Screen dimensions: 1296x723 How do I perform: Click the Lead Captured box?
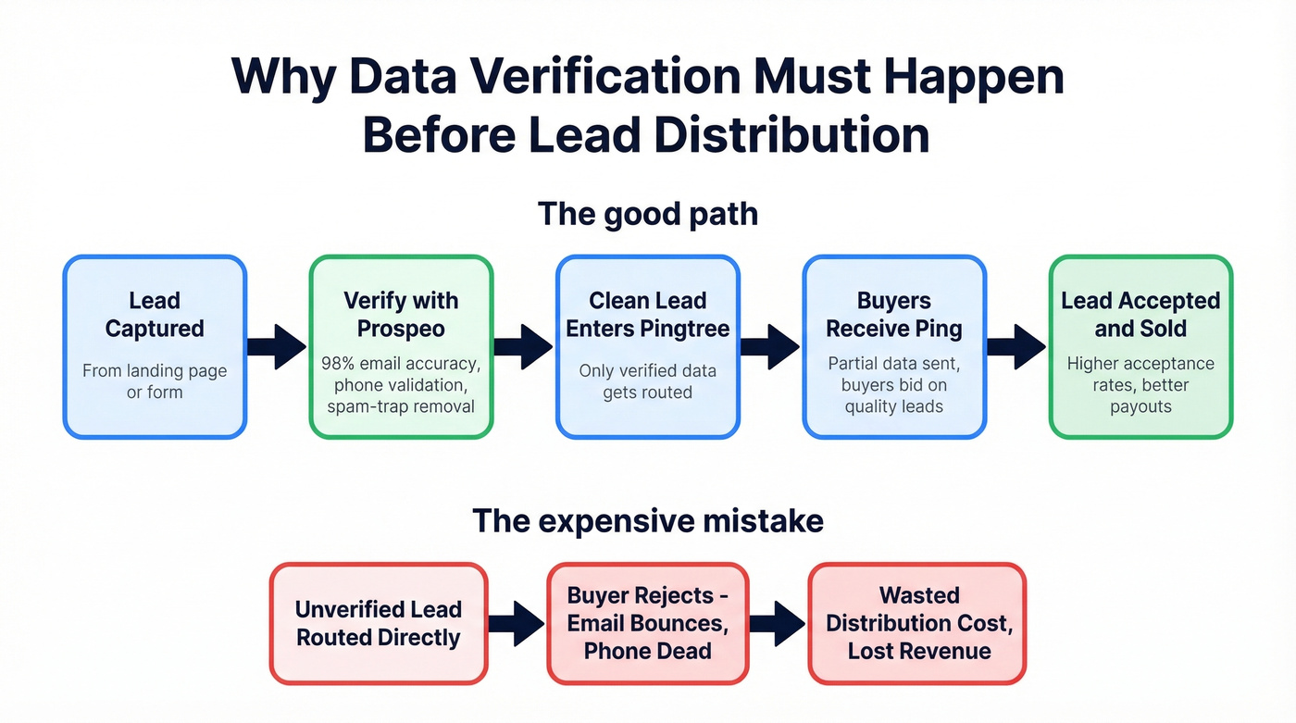(155, 346)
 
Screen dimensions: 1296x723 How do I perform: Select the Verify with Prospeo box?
(401, 346)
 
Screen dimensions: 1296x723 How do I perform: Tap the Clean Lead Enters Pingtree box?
(647, 346)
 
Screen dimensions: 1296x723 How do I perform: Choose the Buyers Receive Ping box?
(893, 346)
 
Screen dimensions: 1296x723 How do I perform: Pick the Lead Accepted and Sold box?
(1140, 346)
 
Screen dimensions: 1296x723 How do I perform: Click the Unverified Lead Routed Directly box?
(378, 623)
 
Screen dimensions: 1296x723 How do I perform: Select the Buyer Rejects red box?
(647, 623)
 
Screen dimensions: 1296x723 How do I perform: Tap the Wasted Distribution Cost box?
(918, 623)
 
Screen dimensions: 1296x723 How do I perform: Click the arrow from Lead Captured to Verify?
(277, 347)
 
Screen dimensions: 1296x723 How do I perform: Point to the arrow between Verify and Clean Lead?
(524, 347)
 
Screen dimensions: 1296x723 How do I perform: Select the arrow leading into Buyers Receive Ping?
(770, 347)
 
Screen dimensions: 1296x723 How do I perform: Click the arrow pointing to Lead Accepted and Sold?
(1016, 347)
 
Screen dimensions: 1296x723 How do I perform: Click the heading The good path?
(647, 214)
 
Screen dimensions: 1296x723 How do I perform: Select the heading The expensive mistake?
(647, 520)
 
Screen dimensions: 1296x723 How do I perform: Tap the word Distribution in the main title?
(791, 135)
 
